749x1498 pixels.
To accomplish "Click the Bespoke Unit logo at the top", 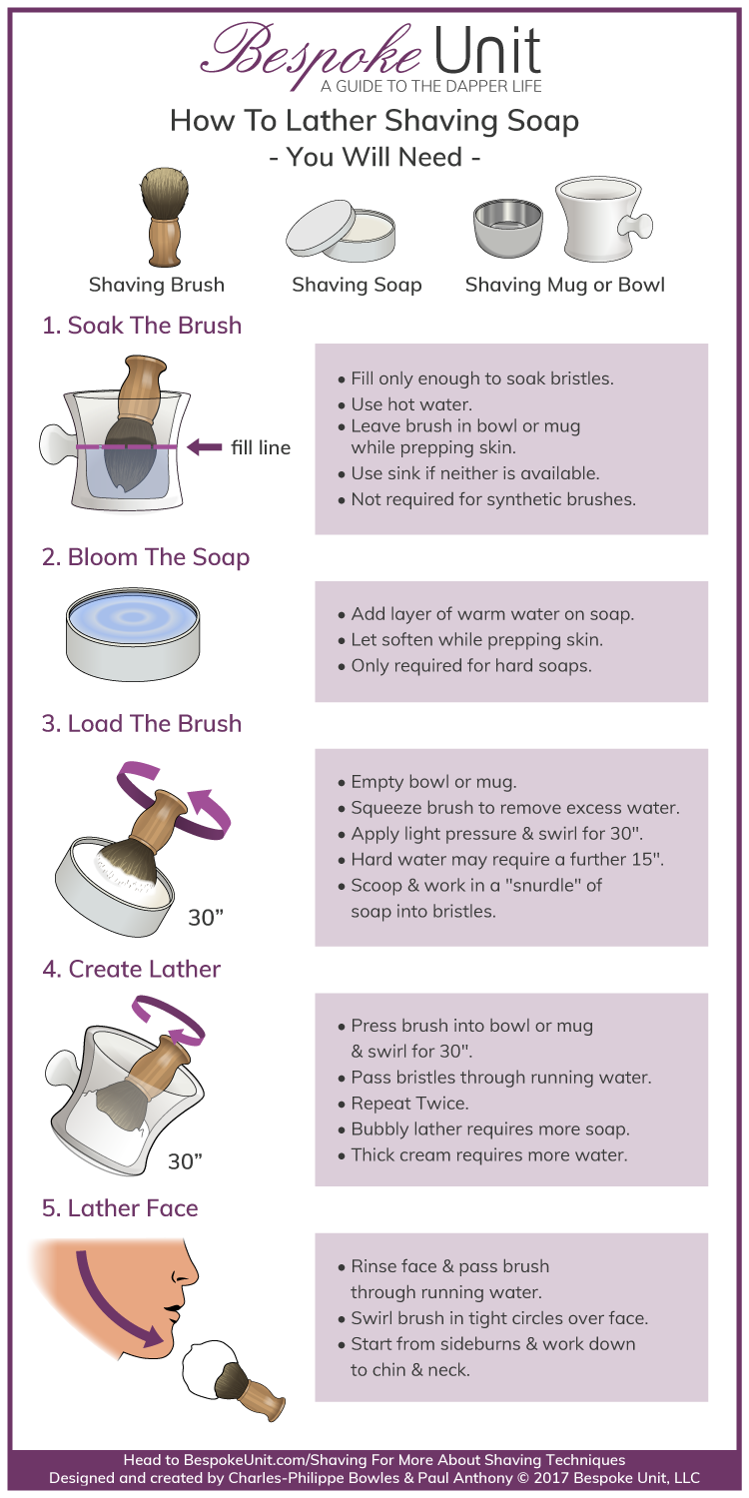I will pos(374,50).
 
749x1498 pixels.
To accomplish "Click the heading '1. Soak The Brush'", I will pos(142,325).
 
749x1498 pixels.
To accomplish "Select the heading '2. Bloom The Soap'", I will pos(146,556).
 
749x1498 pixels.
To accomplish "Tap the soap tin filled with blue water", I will pos(132,630).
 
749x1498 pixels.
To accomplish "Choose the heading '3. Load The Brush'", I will pos(142,723).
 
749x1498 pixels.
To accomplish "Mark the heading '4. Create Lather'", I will pos(131,969).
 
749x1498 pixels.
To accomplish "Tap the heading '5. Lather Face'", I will pos(120,1207).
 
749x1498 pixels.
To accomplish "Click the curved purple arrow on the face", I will pos(116,1298).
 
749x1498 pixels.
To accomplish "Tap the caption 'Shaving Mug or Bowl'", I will pos(564,285).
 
